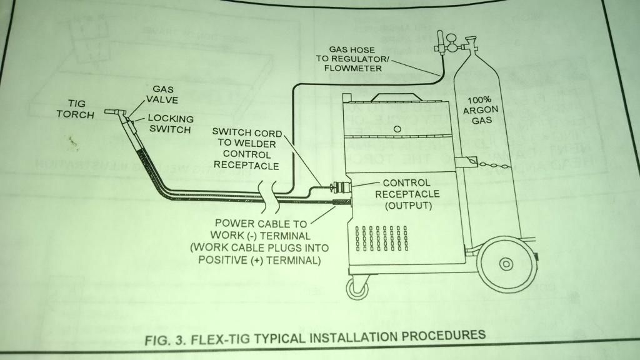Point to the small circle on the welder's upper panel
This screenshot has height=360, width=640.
tap(396, 128)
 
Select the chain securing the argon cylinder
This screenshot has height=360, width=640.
tap(494, 164)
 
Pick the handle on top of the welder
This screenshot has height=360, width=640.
tap(396, 94)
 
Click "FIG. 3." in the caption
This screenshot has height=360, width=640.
tap(159, 341)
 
